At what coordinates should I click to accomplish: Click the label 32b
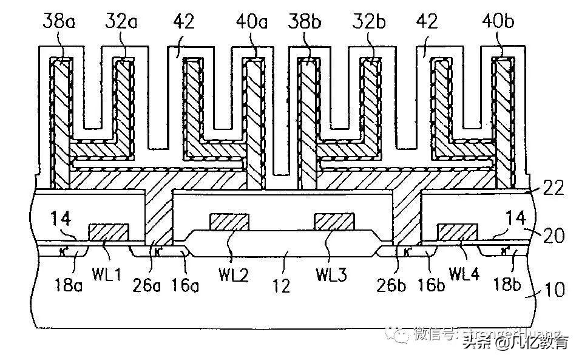(x=370, y=23)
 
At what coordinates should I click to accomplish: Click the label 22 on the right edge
(x=554, y=188)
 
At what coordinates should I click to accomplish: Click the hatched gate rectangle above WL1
(x=109, y=231)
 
